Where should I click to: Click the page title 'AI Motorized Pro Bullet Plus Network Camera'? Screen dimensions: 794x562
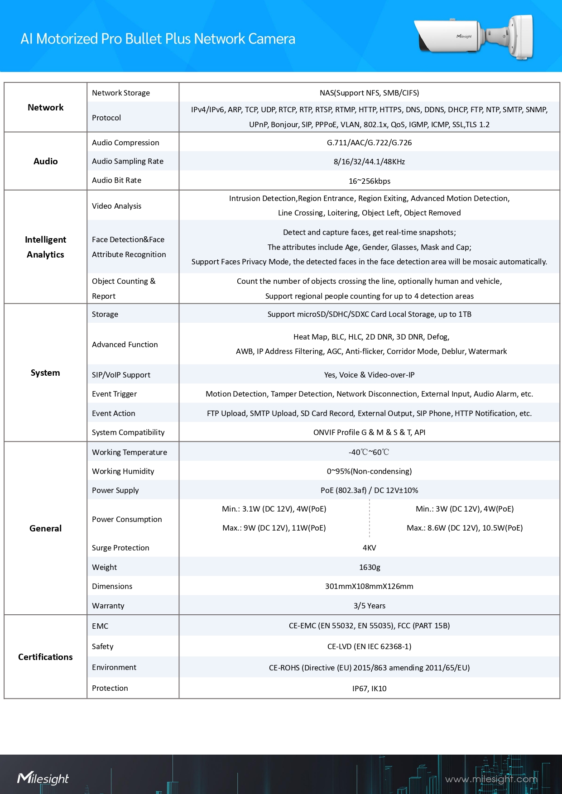click(158, 39)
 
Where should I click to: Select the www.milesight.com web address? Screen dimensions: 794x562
click(491, 779)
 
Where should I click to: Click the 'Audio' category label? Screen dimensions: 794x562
click(45, 161)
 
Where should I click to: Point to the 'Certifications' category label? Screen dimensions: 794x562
click(45, 657)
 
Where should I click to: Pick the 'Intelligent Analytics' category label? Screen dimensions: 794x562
click(45, 247)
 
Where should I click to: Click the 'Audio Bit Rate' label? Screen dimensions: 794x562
click(116, 180)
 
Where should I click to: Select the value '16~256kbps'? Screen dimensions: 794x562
click(369, 181)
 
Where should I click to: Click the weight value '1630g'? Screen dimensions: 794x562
click(369, 567)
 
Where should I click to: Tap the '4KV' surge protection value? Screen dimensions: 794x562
click(369, 548)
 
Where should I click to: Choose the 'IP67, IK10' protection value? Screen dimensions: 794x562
click(369, 689)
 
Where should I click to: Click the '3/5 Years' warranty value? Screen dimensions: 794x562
click(369, 606)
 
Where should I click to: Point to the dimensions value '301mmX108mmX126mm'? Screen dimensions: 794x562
click(369, 586)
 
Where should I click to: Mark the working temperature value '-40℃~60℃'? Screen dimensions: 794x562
click(369, 452)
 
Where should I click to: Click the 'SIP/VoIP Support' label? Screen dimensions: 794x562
click(121, 375)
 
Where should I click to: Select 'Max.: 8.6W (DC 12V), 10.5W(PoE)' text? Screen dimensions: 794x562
click(465, 528)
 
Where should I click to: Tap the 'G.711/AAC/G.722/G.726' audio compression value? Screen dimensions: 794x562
click(369, 143)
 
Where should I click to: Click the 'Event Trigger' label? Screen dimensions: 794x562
click(114, 394)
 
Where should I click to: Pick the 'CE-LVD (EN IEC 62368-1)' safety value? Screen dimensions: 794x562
click(369, 646)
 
